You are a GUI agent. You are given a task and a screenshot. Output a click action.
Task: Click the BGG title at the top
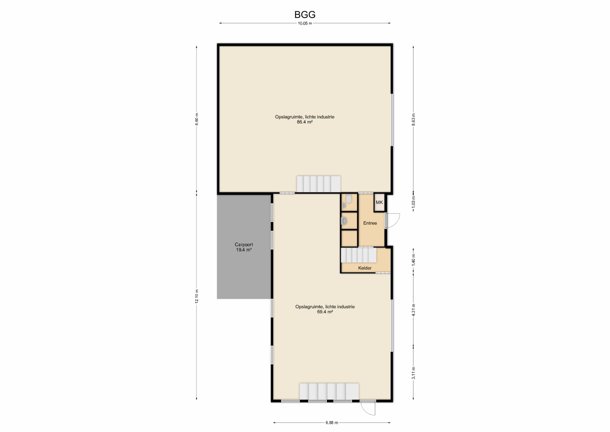tap(305, 14)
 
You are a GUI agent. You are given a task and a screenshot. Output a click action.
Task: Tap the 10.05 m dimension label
tap(305, 23)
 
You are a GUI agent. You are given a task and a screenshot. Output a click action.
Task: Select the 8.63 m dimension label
tap(413, 120)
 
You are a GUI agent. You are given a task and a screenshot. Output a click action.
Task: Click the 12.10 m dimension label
tap(197, 296)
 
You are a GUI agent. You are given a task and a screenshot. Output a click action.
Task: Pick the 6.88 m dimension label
tap(332, 422)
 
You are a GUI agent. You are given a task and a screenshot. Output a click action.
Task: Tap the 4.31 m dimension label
tap(413, 310)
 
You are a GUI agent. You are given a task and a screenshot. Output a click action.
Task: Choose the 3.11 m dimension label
tap(413, 373)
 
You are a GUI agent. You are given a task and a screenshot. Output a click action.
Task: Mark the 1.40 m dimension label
tap(413, 259)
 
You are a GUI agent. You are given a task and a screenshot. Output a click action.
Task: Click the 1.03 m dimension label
tap(413, 203)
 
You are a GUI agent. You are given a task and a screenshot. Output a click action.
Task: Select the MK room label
tap(379, 203)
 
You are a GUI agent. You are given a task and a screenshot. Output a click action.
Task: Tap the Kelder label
tap(365, 268)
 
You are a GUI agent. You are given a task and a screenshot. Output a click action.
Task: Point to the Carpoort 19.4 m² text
tap(244, 247)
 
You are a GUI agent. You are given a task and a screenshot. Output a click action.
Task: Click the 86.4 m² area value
tap(305, 122)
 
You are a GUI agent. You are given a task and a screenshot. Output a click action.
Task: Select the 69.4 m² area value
tap(325, 312)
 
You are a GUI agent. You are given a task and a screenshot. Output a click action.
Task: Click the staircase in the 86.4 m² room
tap(319, 184)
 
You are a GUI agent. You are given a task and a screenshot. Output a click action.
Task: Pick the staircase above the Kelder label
tap(359, 255)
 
